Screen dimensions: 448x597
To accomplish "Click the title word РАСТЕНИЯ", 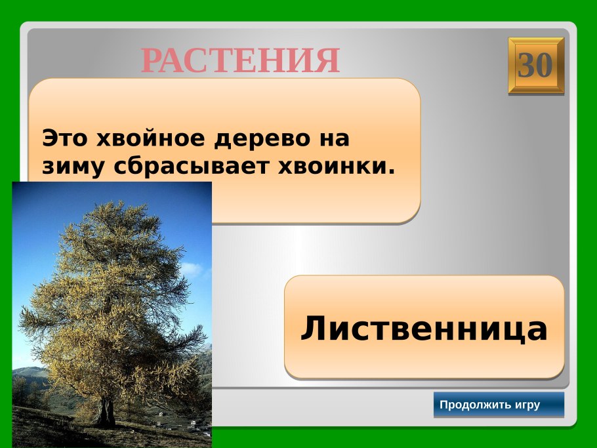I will [240, 61].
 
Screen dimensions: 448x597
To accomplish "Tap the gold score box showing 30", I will [535, 66].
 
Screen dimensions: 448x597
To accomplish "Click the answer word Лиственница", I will [424, 328].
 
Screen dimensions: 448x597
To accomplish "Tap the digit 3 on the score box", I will [527, 66].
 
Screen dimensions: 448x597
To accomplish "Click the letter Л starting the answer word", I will [312, 329].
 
